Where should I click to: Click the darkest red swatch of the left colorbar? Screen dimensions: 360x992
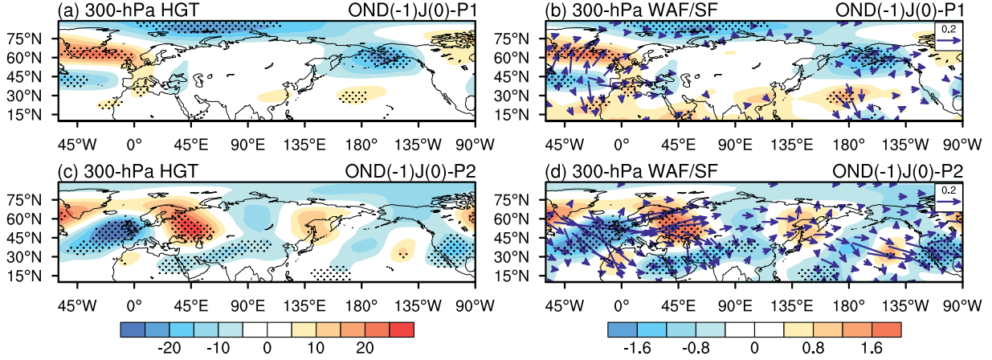[x=402, y=329]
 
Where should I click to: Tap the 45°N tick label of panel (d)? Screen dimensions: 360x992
[x=525, y=238]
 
